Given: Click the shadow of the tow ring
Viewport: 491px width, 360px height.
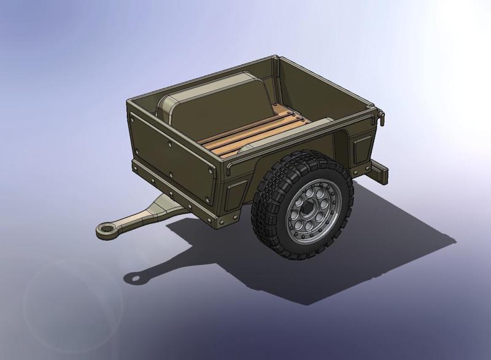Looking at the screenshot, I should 133,278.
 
